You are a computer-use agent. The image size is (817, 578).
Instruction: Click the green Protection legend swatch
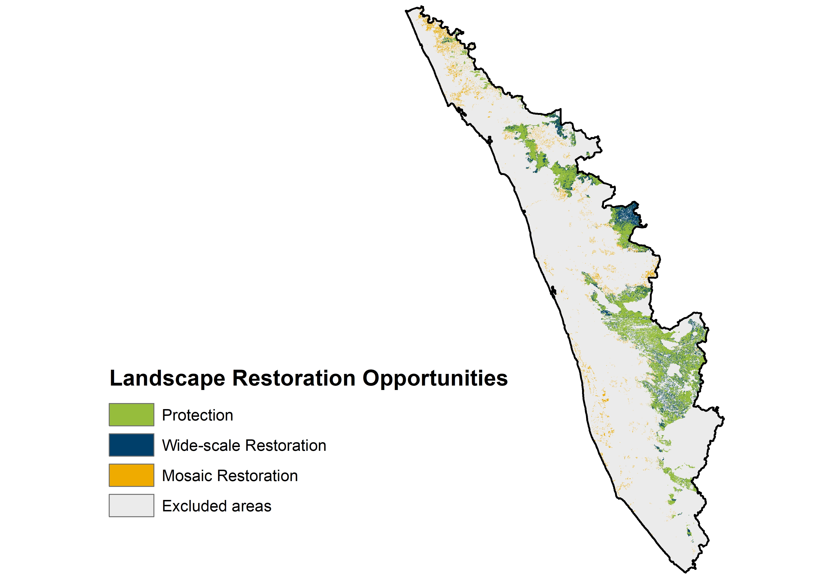click(x=131, y=414)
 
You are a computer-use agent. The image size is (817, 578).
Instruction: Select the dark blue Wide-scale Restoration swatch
click(x=131, y=445)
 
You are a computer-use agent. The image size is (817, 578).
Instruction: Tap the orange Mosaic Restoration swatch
click(x=131, y=475)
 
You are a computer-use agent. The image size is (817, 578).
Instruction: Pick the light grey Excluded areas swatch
click(x=131, y=505)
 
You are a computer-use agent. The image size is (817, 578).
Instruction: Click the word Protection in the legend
click(x=197, y=415)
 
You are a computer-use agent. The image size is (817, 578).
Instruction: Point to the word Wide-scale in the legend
click(x=201, y=445)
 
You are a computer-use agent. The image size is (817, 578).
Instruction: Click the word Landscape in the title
click(x=167, y=378)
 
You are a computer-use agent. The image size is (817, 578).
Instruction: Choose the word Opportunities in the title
click(x=435, y=378)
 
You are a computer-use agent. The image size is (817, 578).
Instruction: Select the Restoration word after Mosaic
click(x=258, y=476)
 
